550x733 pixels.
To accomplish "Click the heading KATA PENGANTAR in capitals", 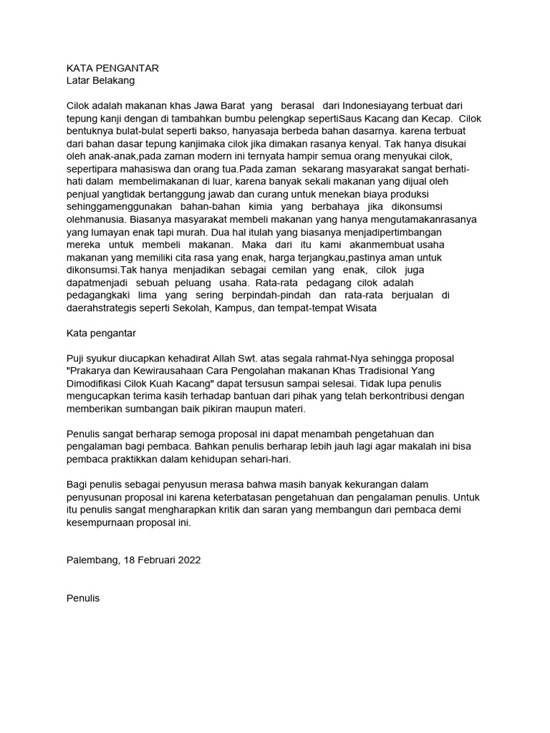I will coord(112,68).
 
